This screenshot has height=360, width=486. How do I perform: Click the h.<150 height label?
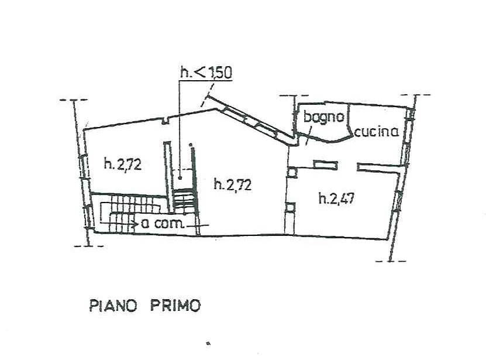pyautogui.click(x=206, y=73)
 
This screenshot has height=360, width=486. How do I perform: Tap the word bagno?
pyautogui.click(x=324, y=117)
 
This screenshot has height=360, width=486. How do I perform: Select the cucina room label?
pyautogui.click(x=376, y=132)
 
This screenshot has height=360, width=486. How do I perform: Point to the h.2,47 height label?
pyautogui.click(x=337, y=198)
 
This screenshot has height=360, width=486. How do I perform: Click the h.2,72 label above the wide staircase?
pyautogui.click(x=123, y=163)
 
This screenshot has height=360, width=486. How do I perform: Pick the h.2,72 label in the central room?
pyautogui.click(x=233, y=184)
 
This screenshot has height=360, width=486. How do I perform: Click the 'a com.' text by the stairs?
pyautogui.click(x=163, y=223)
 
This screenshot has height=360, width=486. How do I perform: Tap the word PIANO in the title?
pyautogui.click(x=113, y=306)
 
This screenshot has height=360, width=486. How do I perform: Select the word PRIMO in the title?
pyautogui.click(x=175, y=306)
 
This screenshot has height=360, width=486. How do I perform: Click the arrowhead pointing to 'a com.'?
pyautogui.click(x=136, y=224)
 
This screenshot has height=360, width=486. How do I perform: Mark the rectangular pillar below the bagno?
pyautogui.click(x=325, y=165)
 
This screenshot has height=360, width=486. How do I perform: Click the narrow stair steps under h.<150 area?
pyautogui.click(x=185, y=198)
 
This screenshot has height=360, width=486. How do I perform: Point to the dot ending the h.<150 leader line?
pyautogui.click(x=180, y=177)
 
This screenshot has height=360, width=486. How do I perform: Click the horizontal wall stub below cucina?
pyautogui.click(x=381, y=167)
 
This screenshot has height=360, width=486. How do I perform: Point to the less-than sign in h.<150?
pyautogui.click(x=199, y=73)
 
